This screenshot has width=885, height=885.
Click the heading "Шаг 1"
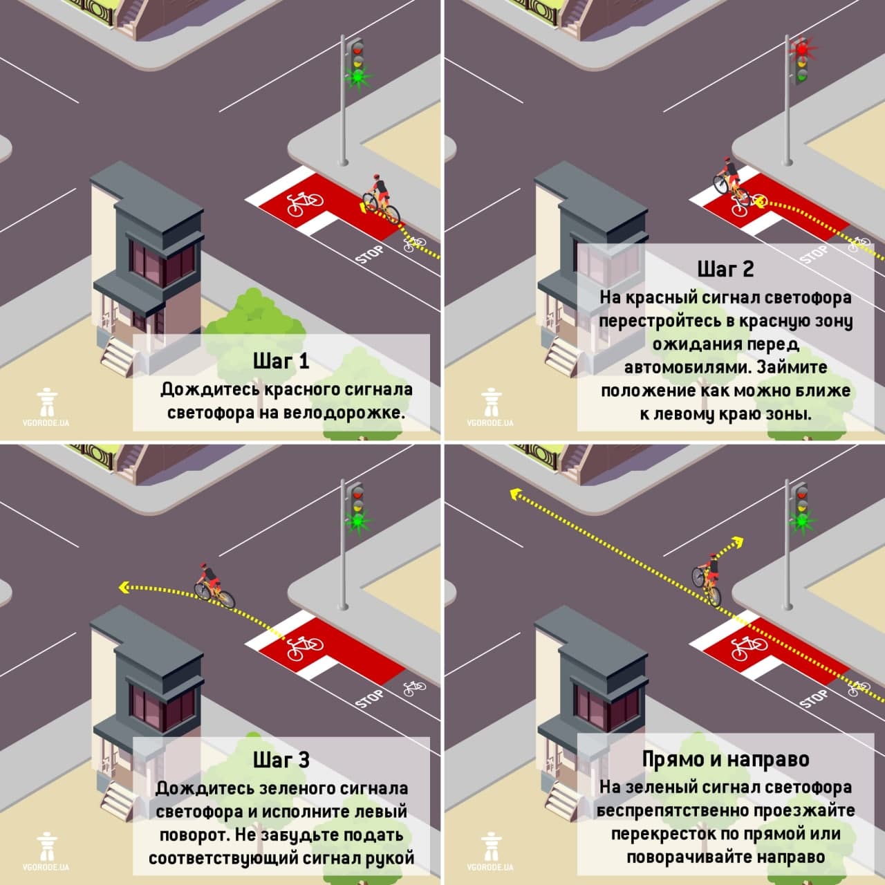click(281, 361)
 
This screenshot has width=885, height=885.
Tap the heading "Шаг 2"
click(726, 269)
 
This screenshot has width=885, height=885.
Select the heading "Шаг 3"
click(281, 760)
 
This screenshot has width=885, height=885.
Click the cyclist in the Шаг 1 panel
click(381, 200)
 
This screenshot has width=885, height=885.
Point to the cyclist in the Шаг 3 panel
click(214, 586)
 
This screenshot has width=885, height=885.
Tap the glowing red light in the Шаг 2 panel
click(802, 48)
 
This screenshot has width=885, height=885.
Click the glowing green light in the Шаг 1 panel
click(357, 76)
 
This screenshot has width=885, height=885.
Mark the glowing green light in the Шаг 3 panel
click(357, 521)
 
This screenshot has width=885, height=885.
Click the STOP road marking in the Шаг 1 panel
click(369, 255)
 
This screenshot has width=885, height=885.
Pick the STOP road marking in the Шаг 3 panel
click(369, 699)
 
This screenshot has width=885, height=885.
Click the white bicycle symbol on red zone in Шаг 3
click(304, 647)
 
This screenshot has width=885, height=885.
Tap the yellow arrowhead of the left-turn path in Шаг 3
click(123, 587)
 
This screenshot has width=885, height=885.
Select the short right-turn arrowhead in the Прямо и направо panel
click(738, 542)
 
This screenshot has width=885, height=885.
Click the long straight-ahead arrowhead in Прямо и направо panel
click(515, 494)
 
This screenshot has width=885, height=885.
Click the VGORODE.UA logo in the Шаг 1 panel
click(46, 407)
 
